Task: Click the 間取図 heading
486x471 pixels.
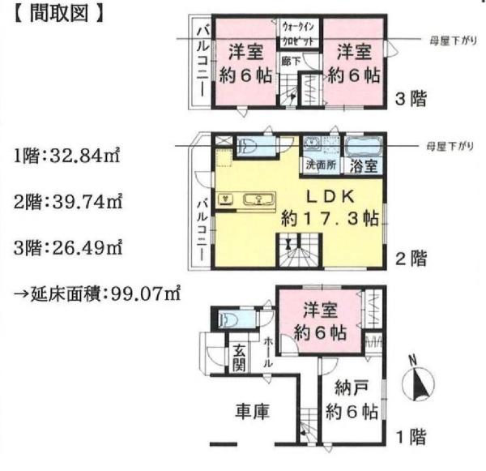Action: (58, 15)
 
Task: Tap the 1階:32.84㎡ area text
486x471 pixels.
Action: (66, 156)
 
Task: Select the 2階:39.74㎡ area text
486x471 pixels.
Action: (68, 202)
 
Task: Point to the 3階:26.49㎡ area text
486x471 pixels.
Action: (68, 248)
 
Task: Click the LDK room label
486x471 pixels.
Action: (330, 196)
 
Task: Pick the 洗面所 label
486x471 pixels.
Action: (321, 165)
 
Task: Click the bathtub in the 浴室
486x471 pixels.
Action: (364, 147)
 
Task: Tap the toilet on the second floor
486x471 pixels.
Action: (247, 146)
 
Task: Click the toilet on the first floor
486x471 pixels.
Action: (228, 319)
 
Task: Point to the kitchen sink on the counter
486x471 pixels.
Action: (258, 199)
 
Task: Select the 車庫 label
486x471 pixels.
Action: (252, 411)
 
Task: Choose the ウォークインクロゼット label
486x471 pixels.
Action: (298, 33)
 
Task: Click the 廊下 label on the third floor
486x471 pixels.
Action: (291, 61)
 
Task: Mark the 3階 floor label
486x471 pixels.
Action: (411, 99)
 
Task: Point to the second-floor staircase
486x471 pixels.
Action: (299, 250)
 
